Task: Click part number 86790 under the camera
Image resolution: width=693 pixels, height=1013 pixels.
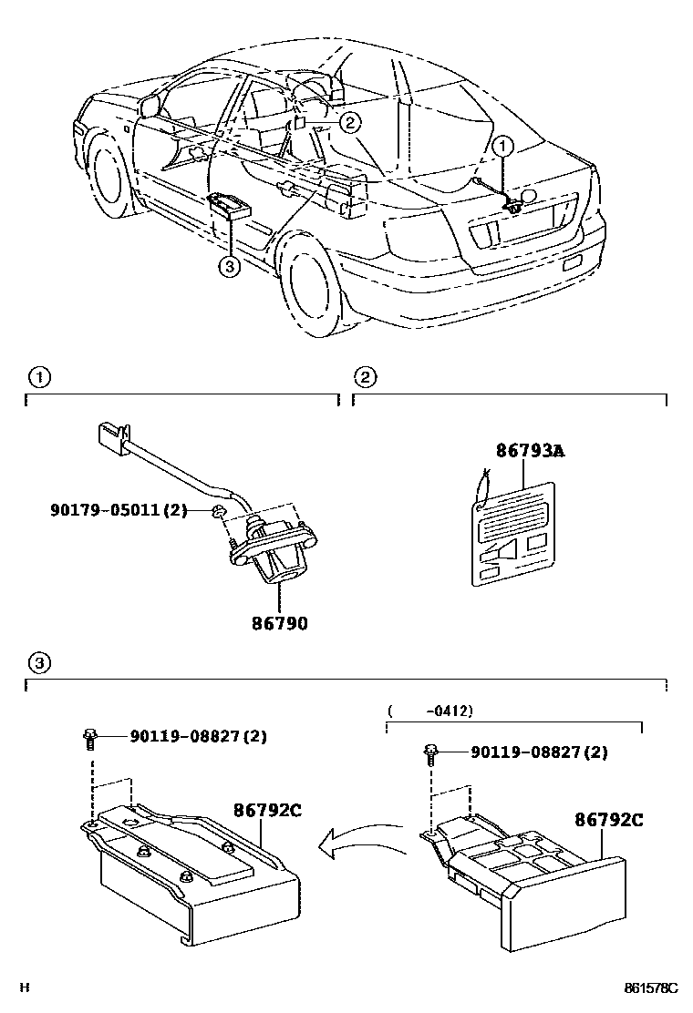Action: coord(280,624)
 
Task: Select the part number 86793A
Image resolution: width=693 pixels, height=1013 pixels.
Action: coord(530,450)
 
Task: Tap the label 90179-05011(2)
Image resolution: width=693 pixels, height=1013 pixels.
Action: coord(119,510)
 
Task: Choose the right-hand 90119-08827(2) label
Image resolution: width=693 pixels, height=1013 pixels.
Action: coord(539,752)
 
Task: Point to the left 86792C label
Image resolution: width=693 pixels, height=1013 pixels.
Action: coord(266,810)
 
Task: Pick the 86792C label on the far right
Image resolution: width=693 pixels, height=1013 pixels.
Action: coord(608,820)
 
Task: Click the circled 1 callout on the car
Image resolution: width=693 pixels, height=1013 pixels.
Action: coord(504,145)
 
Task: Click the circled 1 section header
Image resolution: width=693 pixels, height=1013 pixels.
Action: coord(37,377)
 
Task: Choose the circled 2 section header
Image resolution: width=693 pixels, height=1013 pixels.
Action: coord(364,377)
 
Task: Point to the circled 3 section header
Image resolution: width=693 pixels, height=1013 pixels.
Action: coord(37,660)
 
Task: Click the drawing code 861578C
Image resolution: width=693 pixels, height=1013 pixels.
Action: coord(651,987)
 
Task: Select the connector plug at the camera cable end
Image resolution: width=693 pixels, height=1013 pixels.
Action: coord(111,435)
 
